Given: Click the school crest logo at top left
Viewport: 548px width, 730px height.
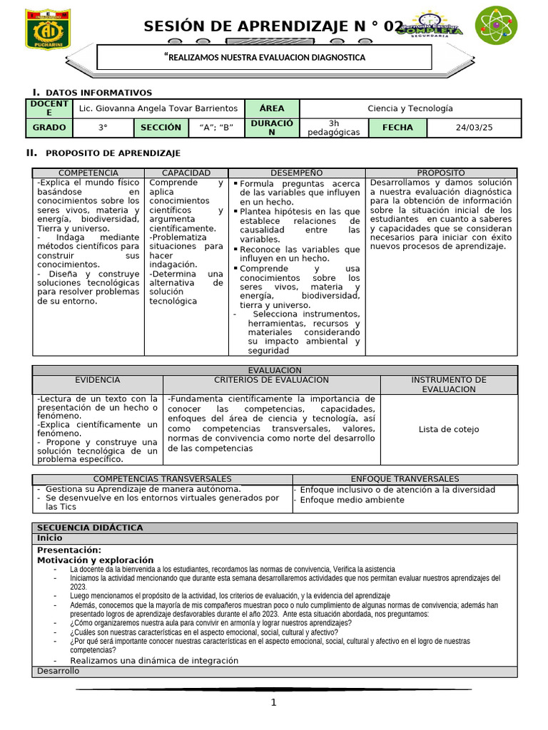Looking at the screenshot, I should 48,29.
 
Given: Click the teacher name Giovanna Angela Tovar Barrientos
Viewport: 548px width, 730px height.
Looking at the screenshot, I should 158,108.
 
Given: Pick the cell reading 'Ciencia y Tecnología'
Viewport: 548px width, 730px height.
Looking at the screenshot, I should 410,108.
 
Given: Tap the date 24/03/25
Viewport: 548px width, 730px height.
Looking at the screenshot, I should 474,128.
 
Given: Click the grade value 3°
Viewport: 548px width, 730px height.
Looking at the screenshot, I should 103,128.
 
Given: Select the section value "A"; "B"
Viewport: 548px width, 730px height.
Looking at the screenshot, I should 216,128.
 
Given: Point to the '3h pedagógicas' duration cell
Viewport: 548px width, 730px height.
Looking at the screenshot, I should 333,128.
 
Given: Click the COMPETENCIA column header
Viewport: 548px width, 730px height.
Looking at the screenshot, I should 88,173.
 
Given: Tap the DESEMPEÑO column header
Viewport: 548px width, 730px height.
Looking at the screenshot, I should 296,173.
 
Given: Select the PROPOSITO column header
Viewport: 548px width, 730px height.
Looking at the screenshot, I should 440,173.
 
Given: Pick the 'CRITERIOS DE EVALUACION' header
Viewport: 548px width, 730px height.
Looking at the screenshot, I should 271,380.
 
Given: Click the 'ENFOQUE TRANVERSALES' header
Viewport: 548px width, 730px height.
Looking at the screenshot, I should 405,479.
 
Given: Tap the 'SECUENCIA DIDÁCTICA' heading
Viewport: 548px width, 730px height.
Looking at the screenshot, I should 90,528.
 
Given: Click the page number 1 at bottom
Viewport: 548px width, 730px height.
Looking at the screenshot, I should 273,703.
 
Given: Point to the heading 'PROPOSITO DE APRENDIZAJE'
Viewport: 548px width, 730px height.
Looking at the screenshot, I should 113,153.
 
